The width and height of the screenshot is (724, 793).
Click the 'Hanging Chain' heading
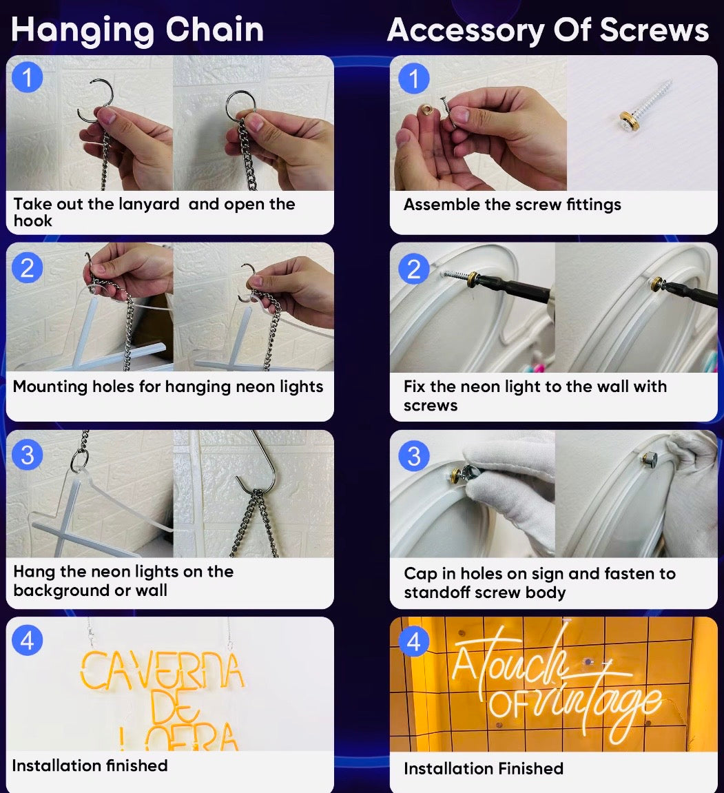tap(138, 30)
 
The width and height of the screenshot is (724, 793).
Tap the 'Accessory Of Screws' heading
tap(548, 30)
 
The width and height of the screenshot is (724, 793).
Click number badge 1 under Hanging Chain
tap(28, 77)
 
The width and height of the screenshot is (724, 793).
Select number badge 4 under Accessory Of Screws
tap(414, 642)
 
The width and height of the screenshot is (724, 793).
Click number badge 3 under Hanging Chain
tap(28, 455)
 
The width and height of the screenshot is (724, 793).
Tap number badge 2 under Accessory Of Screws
tap(414, 269)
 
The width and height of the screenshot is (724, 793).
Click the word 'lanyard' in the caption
tap(149, 205)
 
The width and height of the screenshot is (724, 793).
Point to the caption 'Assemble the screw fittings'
tap(512, 205)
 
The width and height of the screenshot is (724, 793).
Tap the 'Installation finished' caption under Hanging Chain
tap(90, 765)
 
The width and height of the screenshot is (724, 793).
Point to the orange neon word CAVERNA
tap(162, 670)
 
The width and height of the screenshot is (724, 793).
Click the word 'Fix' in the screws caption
tap(415, 387)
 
